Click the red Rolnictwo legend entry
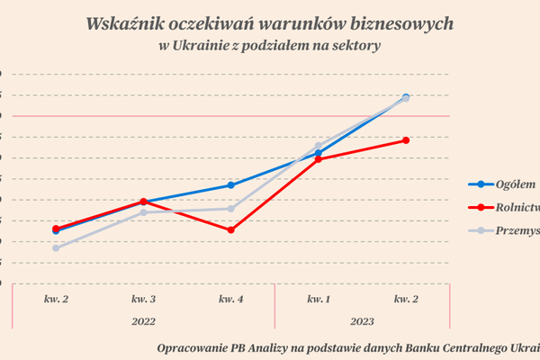pyautogui.click(x=517, y=207)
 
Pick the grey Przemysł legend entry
pyautogui.click(x=517, y=230)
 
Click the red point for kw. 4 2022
pyautogui.click(x=231, y=229)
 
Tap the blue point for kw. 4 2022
pyautogui.click(x=231, y=185)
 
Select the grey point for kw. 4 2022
pyautogui.click(x=231, y=209)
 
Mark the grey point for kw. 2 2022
pyautogui.click(x=56, y=248)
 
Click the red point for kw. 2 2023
pyautogui.click(x=407, y=140)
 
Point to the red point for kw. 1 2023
pyautogui.click(x=319, y=159)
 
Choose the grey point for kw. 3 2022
pyautogui.click(x=144, y=212)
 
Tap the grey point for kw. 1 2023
pyautogui.click(x=319, y=146)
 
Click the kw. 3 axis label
pyautogui.click(x=144, y=298)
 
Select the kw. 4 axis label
pyautogui.click(x=231, y=298)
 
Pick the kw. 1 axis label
pyautogui.click(x=319, y=298)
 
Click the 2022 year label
pyautogui.click(x=144, y=320)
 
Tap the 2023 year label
pyautogui.click(x=363, y=320)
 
